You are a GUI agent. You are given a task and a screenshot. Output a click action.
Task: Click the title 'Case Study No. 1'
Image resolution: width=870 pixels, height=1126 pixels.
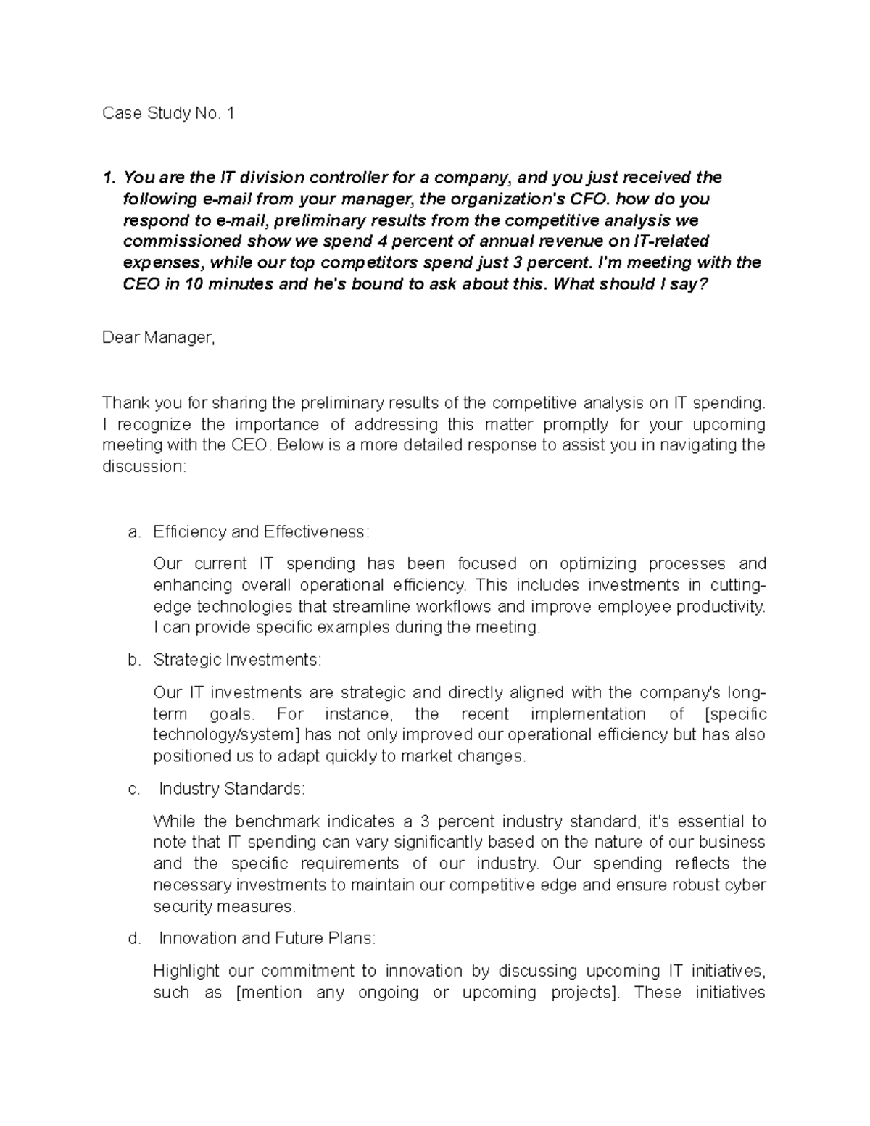(168, 114)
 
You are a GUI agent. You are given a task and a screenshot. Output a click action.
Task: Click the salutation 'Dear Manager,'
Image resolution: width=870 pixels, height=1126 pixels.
(159, 338)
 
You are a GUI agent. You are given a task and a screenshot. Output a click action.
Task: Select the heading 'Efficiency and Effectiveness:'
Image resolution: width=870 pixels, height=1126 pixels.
(261, 532)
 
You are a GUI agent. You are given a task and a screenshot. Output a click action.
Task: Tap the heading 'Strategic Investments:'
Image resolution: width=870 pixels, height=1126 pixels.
(236, 661)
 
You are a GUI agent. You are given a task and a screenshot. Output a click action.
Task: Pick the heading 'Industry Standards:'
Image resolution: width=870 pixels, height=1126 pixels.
(232, 789)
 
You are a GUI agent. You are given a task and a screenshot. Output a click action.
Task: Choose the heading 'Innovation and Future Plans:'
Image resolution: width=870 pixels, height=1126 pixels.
(267, 939)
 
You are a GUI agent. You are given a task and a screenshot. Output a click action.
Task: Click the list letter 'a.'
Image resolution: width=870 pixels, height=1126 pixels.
(133, 532)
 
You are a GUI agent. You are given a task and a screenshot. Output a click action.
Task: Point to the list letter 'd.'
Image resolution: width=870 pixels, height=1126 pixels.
(133, 939)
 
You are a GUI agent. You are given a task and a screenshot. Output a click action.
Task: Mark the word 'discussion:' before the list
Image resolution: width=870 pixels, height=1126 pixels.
(144, 467)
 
